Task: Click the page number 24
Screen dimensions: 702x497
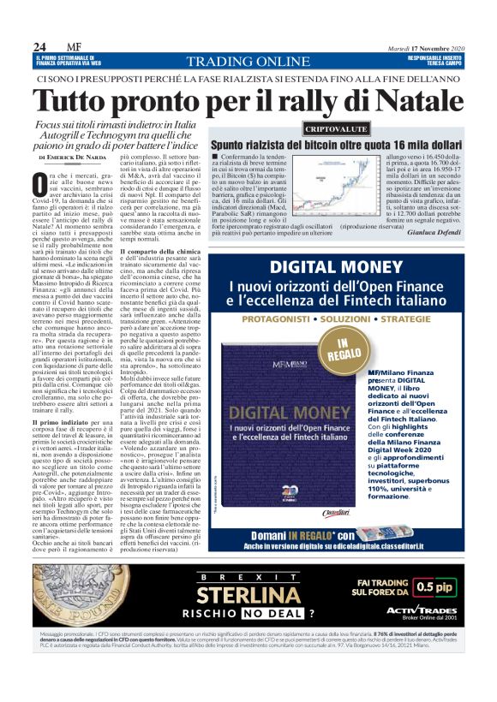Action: [39, 46]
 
